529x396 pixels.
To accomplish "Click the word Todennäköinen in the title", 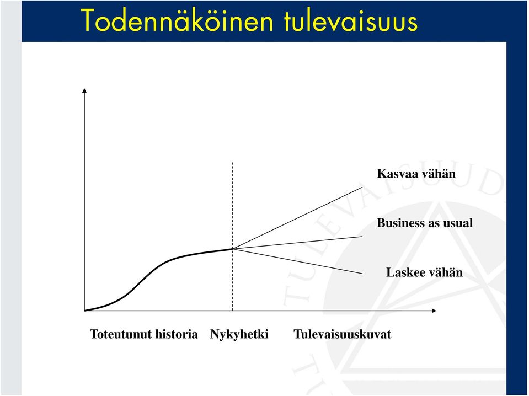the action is point(177,20).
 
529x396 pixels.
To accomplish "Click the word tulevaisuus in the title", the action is point(351,21).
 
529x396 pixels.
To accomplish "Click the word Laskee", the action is point(403,272).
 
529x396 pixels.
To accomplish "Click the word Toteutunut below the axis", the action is point(119,334).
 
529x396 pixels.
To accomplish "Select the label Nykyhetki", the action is point(239,334).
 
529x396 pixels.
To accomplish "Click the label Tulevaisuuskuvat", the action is point(343,334).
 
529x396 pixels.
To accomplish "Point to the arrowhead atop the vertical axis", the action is point(84,90).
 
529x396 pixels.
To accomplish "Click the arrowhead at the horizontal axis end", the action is point(434,311).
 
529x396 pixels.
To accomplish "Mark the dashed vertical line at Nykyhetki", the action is point(232,236).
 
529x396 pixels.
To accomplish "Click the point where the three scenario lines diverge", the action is point(233,249).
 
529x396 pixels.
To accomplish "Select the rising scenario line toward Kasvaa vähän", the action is point(297,218).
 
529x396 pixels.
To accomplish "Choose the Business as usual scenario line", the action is point(297,243).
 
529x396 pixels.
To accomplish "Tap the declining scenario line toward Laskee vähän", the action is point(297,261).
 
